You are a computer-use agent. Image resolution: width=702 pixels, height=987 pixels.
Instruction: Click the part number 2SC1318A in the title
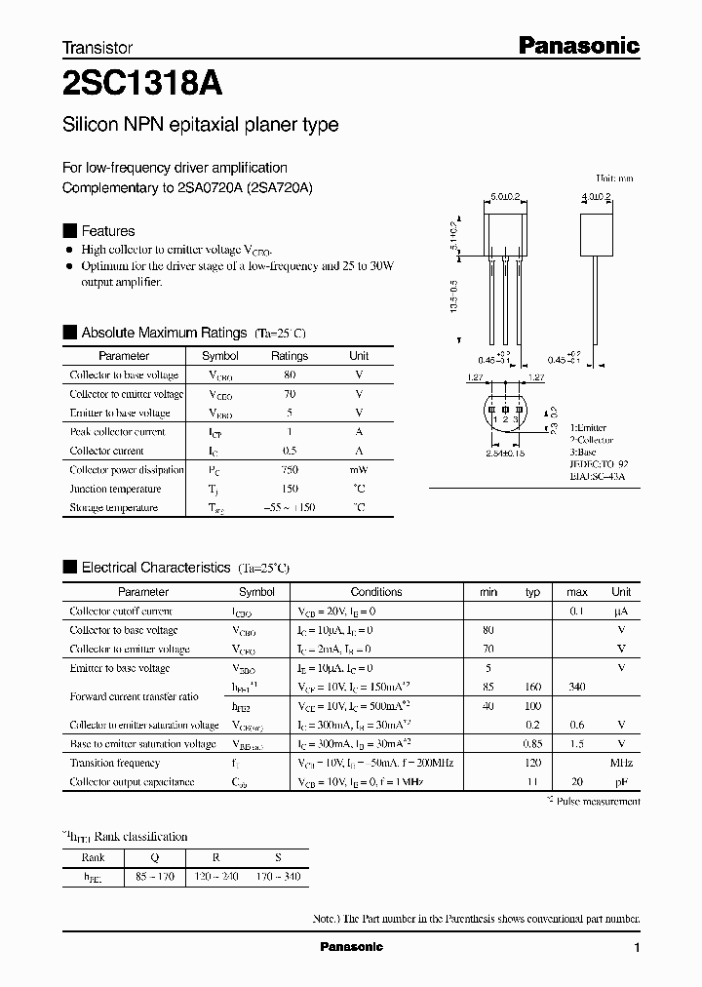(141, 84)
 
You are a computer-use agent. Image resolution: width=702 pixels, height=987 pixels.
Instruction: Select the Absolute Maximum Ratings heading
(163, 333)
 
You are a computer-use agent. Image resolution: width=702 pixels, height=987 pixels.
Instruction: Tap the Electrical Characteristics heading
(156, 568)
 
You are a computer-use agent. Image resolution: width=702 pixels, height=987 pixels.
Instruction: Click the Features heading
(107, 231)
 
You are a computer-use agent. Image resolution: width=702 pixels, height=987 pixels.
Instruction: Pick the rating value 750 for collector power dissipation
(289, 470)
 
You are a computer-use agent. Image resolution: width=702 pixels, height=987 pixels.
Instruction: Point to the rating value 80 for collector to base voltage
(289, 375)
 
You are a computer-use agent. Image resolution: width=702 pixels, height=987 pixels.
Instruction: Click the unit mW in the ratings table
(359, 470)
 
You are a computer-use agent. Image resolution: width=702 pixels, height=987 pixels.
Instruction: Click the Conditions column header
(375, 592)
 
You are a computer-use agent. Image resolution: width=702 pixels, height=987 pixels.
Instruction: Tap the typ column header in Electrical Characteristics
(532, 592)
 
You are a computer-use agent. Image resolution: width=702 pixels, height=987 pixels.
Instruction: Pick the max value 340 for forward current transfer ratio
(576, 688)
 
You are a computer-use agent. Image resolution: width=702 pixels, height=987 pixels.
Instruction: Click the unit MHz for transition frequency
(621, 764)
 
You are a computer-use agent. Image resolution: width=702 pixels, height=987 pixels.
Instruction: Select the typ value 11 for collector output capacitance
(532, 782)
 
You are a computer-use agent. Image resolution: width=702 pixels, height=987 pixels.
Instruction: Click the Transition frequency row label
(114, 764)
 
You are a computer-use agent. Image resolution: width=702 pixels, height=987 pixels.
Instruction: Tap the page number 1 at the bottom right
(637, 948)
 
